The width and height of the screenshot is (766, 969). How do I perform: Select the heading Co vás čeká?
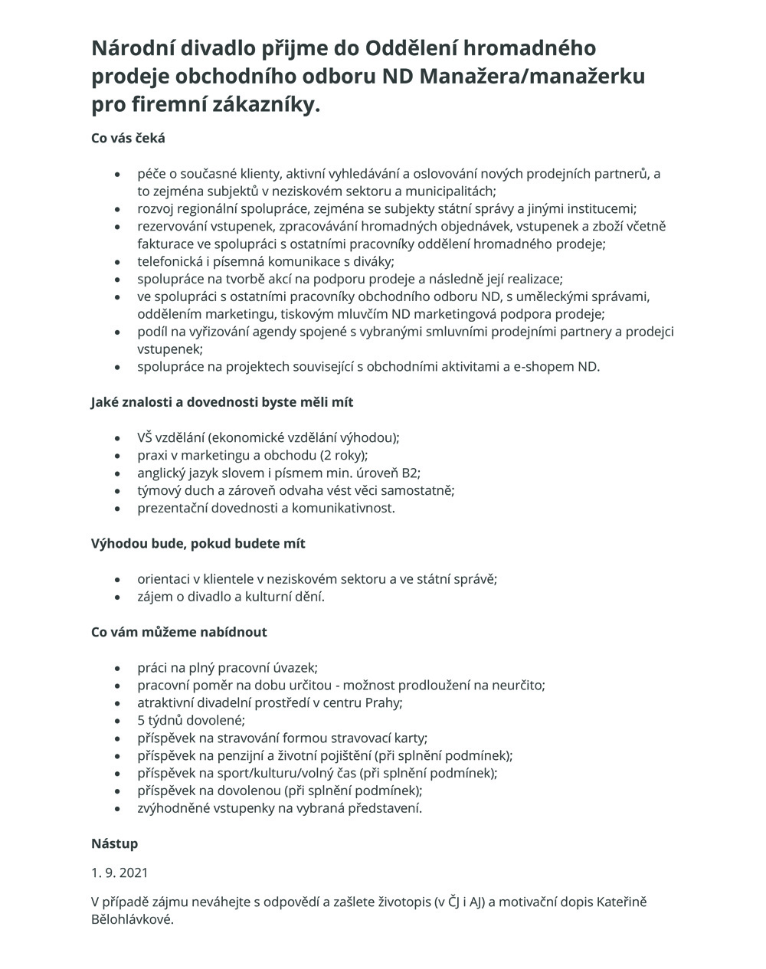coord(128,139)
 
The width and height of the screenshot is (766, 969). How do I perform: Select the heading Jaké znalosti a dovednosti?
coord(222,402)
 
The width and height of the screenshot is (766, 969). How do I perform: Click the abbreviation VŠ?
coord(146,438)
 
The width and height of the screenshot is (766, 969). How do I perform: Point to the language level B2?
coord(411,473)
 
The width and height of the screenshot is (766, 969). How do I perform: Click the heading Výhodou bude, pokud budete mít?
coord(198,544)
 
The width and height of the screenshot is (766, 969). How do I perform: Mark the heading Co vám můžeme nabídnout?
coord(179,633)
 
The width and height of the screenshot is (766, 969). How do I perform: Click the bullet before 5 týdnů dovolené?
coord(117,722)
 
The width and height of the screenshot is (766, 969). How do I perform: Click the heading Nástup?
coord(115,844)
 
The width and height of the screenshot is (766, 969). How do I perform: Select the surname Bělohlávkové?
coord(132,919)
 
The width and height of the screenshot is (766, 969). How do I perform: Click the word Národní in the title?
coord(135,49)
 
